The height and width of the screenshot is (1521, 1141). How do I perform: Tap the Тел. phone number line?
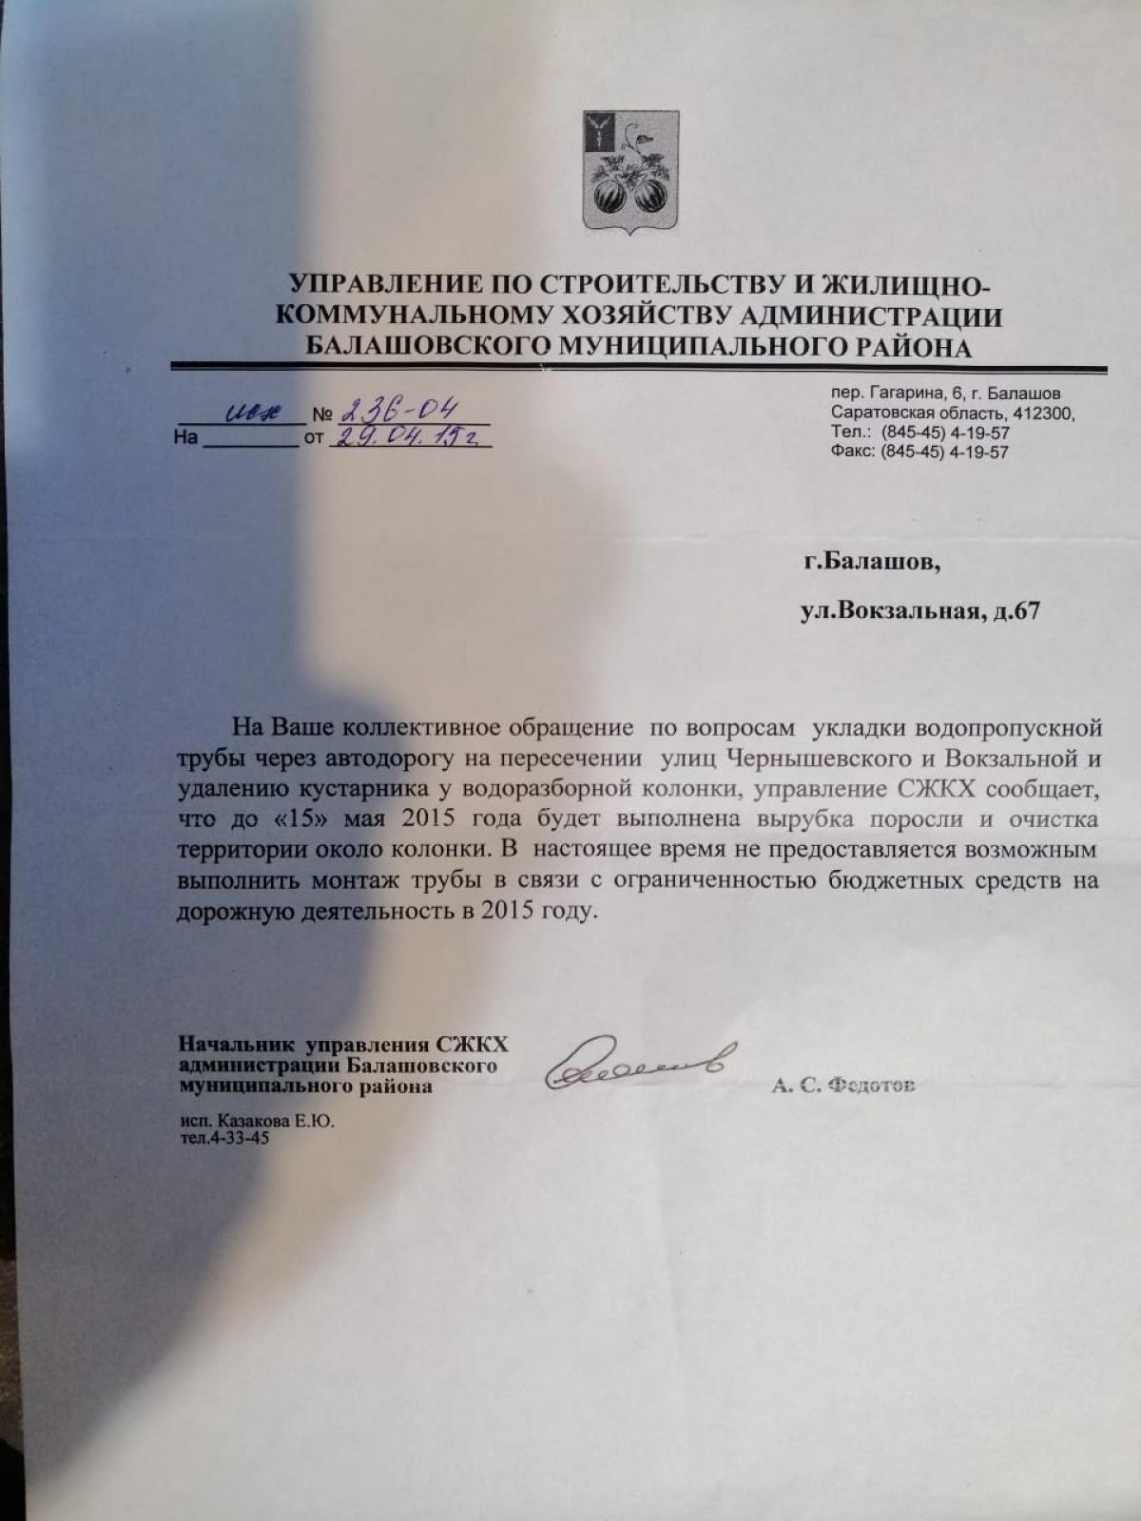919,433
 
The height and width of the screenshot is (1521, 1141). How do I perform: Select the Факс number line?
919,452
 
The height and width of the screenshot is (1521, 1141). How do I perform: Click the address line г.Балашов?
871,563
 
